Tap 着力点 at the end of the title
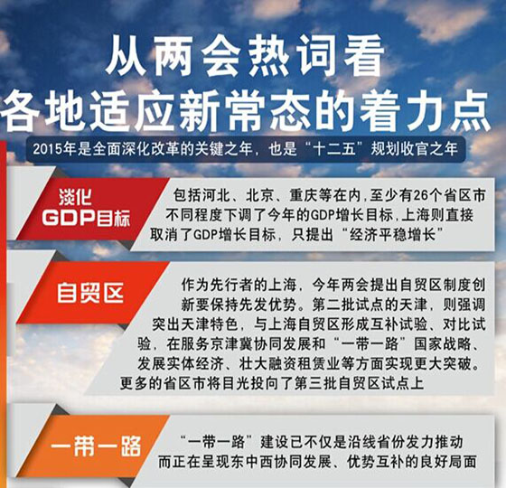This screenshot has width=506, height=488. coord(426,110)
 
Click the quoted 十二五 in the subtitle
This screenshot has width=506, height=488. coord(334,149)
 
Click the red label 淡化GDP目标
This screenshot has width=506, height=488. coord(86,208)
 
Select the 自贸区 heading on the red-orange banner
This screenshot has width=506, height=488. coord(90,293)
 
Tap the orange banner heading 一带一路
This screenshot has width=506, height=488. coord(96,446)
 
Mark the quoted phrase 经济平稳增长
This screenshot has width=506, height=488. coord(392,235)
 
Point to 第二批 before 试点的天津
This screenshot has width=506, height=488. coord(333,305)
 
